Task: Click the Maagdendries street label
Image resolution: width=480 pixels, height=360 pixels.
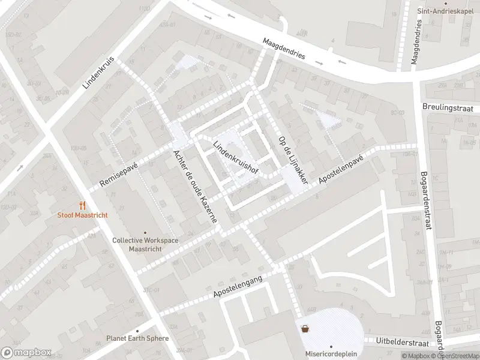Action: pos(284,49)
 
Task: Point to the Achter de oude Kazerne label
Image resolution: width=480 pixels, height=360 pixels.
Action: pos(194,187)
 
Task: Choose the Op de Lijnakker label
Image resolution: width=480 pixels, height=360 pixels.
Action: pos(293,160)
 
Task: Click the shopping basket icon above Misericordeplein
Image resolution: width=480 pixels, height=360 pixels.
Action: pos(305,328)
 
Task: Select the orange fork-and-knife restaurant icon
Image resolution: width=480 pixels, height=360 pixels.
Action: pos(82,205)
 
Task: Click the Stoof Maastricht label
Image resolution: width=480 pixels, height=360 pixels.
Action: pos(82,215)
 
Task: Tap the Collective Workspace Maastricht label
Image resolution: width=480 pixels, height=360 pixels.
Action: pos(145,244)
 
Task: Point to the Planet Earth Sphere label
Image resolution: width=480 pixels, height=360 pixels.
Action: pos(137,338)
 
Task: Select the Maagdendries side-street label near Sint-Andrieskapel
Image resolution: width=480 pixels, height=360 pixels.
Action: pos(416,41)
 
